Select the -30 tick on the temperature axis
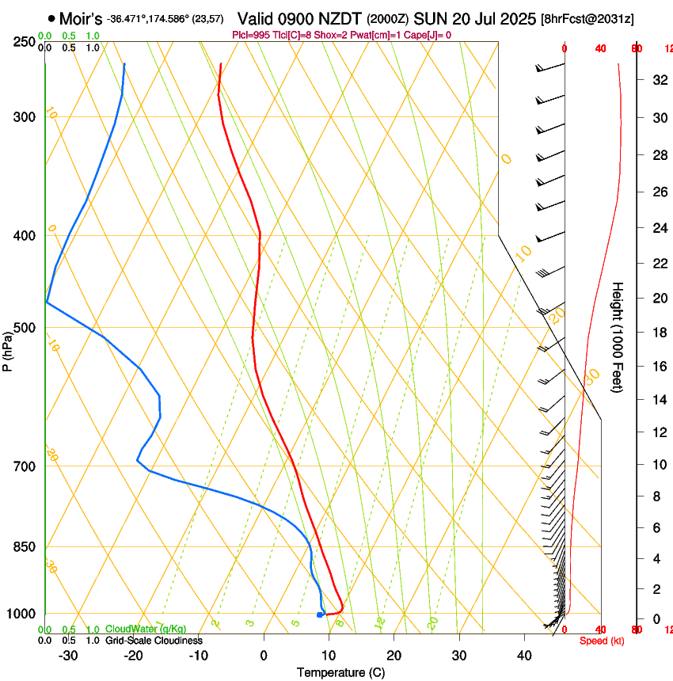pyautogui.click(x=68, y=656)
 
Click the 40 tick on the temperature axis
pyautogui.click(x=523, y=656)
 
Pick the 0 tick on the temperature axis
pyautogui.click(x=264, y=656)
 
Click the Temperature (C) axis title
pyautogui.click(x=340, y=672)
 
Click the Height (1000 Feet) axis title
pyautogui.click(x=618, y=337)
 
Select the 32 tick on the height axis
pyautogui.click(x=658, y=80)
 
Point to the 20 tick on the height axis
pyautogui.click(x=658, y=298)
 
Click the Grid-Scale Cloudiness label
pyautogui.click(x=154, y=641)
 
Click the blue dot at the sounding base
pyautogui.click(x=319, y=614)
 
